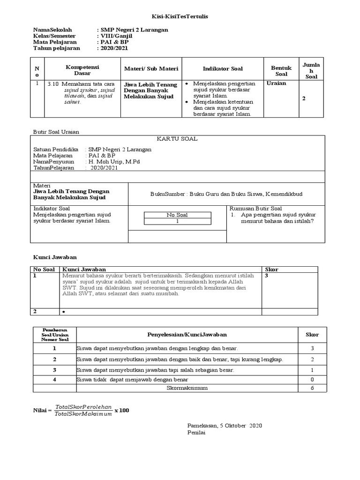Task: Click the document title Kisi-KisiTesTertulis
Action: click(180, 16)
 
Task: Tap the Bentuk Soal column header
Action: click(281, 71)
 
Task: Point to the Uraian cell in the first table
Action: click(276, 83)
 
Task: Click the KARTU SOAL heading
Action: click(178, 139)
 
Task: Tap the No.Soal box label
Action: click(177, 215)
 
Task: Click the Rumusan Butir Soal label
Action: click(255, 208)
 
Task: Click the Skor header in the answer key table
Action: click(272, 270)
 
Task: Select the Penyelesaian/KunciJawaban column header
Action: click(187, 334)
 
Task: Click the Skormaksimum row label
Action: click(187, 388)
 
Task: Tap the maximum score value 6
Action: click(312, 388)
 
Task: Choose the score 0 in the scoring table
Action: click(312, 379)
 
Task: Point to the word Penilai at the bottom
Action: click(196, 433)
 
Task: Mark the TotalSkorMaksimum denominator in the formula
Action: click(83, 414)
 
